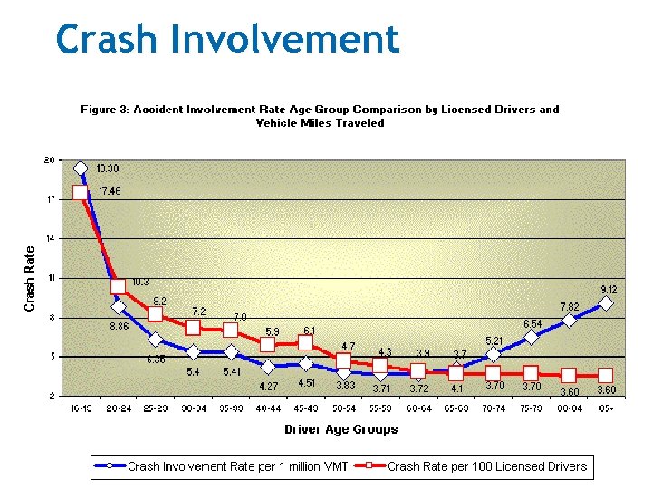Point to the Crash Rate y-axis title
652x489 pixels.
click(x=29, y=279)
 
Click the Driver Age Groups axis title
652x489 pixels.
click(x=341, y=429)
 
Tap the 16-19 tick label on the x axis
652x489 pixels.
click(x=81, y=409)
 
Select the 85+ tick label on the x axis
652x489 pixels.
click(x=606, y=409)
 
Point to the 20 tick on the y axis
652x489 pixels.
click(x=49, y=160)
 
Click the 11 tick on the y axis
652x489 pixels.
click(x=50, y=277)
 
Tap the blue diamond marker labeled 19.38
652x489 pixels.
click(x=81, y=168)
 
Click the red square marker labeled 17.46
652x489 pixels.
click(x=81, y=192)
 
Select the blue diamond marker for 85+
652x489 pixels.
click(x=606, y=303)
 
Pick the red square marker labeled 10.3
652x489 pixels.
click(x=118, y=286)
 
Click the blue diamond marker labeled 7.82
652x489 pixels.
click(x=569, y=320)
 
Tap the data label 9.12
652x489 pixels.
click(x=609, y=289)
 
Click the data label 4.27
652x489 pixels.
click(x=268, y=386)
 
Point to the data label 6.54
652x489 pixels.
click(x=532, y=323)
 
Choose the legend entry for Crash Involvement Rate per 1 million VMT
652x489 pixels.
click(x=221, y=467)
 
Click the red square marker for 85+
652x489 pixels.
click(x=606, y=375)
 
